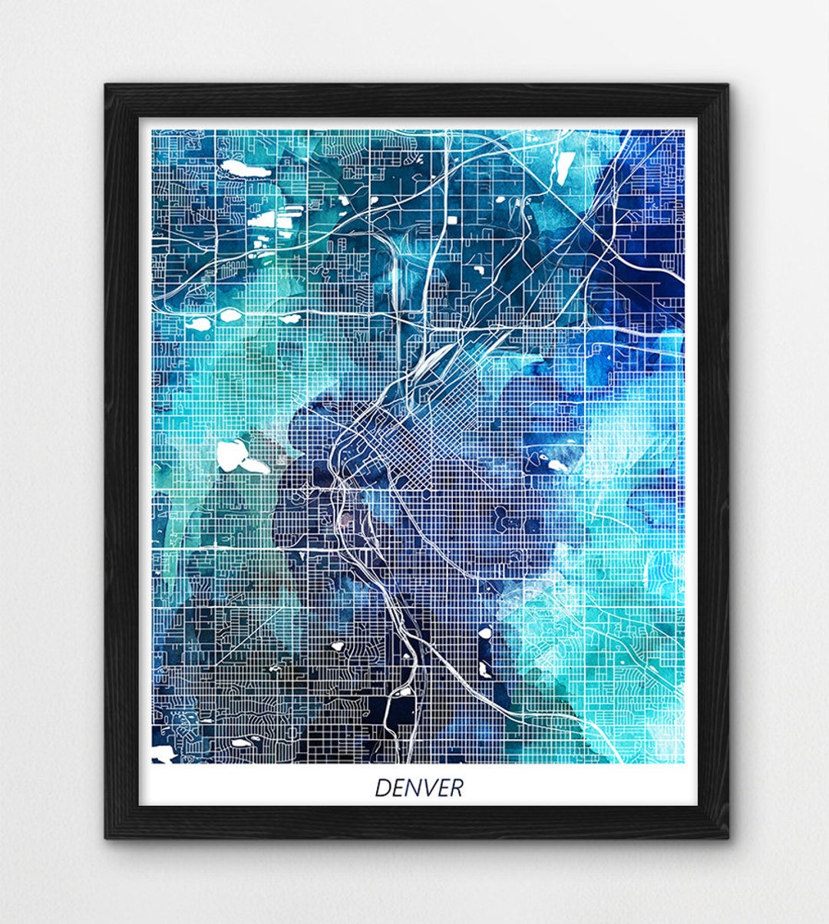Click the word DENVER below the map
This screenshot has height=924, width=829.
418,787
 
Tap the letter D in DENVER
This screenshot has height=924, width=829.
381,787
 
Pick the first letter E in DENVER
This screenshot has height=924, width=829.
396,787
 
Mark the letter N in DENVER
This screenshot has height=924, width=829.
411,787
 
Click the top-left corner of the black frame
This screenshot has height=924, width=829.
107,85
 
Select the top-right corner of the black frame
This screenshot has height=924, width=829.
728,85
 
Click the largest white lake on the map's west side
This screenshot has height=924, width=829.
234,456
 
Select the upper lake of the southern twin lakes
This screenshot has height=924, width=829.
485,634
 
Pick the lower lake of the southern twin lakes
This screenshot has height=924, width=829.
485,669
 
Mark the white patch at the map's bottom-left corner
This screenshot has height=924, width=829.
160,755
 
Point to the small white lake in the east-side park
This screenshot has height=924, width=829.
554,465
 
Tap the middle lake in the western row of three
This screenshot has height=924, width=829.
230,314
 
